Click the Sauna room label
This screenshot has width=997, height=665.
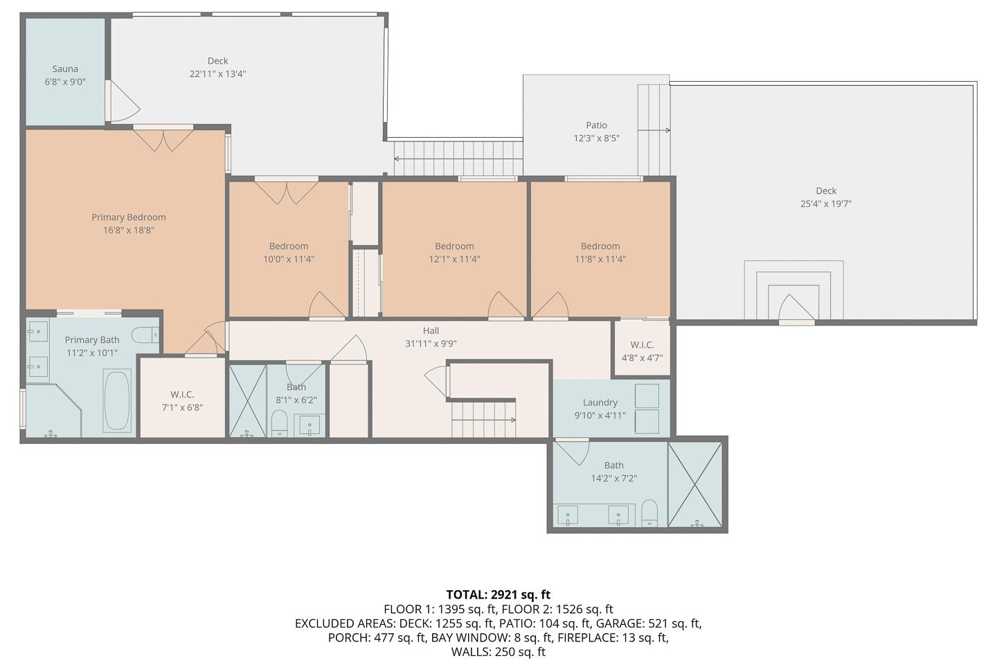tap(65, 69)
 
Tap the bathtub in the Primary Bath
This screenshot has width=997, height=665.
tap(116, 401)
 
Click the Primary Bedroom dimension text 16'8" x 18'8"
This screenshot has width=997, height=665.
tap(128, 230)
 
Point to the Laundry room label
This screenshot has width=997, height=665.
tap(600, 402)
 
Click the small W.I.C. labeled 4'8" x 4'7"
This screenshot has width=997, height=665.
tap(642, 351)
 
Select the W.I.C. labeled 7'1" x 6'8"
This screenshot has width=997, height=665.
tap(182, 401)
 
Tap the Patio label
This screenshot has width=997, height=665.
tap(596, 125)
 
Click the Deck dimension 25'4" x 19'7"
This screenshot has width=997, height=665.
tap(825, 204)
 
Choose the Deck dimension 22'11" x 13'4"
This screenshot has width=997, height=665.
tap(217, 73)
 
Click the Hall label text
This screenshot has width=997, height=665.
tap(431, 330)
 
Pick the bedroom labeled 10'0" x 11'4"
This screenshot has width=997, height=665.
tap(289, 252)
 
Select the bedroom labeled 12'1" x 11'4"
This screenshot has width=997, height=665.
tap(454, 252)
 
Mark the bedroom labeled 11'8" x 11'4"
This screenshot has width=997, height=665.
tap(600, 252)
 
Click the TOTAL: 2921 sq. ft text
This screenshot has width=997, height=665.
tap(498, 594)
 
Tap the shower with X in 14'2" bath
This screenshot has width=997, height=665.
tap(695, 484)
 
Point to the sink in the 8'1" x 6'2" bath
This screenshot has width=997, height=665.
tap(309, 425)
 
